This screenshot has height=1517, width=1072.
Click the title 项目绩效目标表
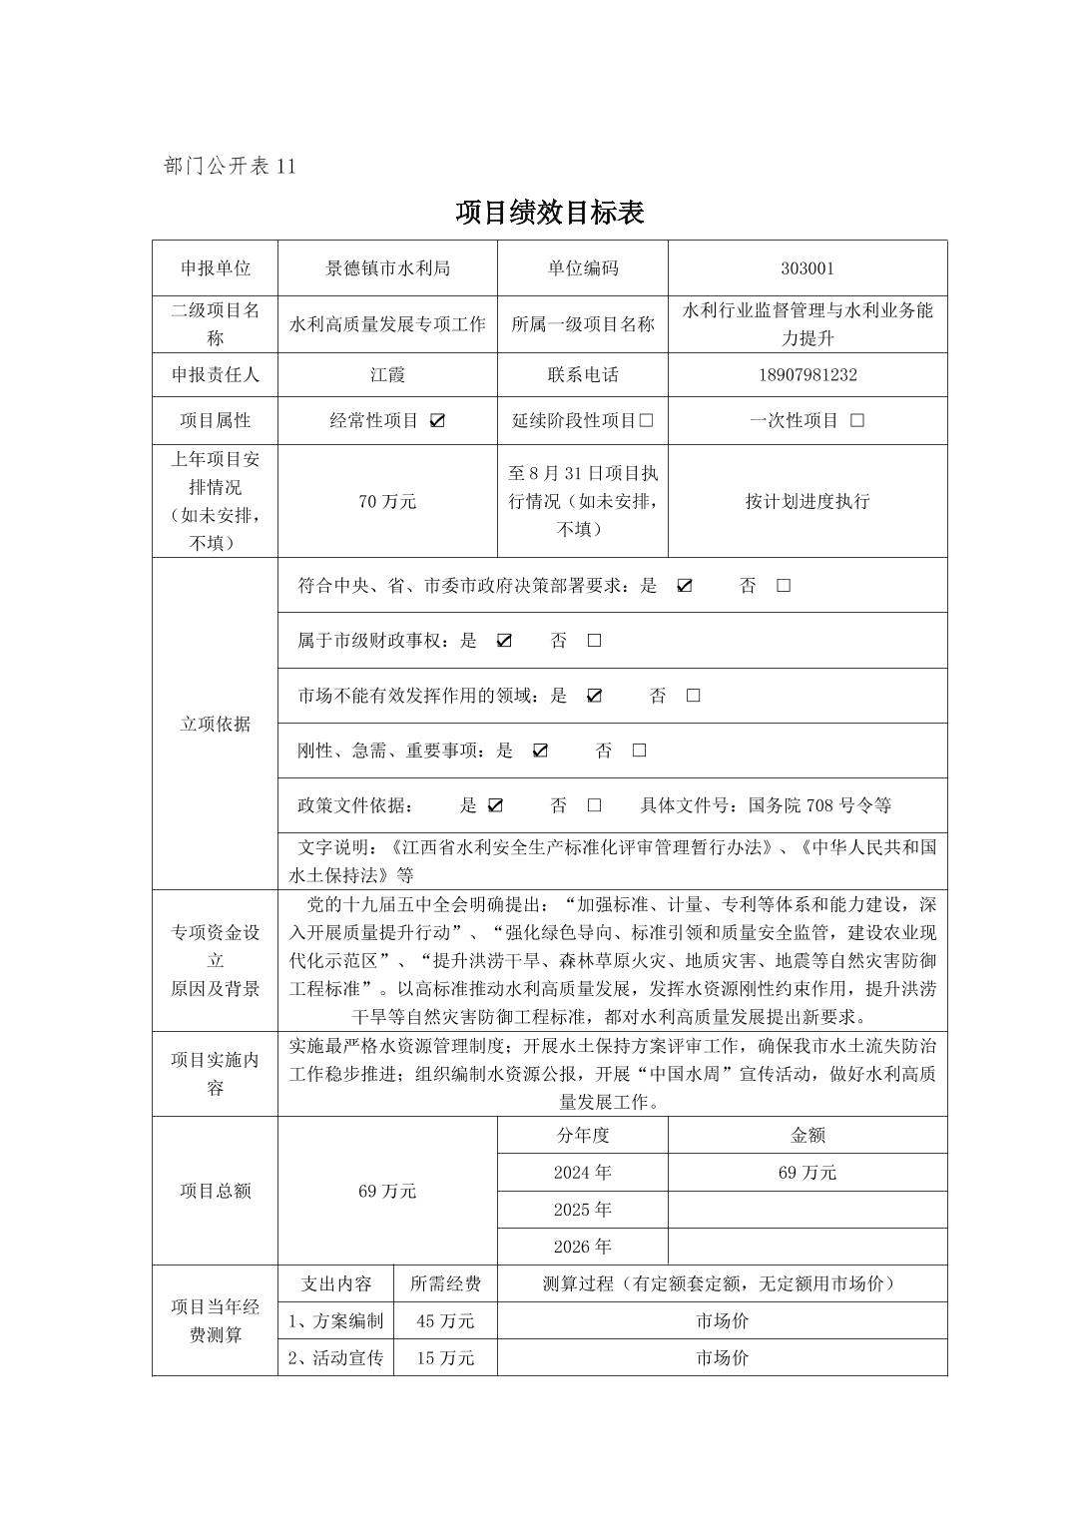point(549,213)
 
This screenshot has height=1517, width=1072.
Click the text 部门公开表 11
point(229,167)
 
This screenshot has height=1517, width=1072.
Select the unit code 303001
point(807,268)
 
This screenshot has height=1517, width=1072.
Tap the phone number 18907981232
point(807,375)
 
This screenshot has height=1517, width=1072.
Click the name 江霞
point(387,375)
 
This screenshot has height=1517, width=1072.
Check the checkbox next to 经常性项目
point(437,421)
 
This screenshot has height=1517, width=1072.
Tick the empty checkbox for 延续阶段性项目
point(646,421)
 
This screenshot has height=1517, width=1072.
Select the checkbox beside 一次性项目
point(856,421)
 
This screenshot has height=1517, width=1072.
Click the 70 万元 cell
point(387,501)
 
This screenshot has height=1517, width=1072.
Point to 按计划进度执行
point(807,501)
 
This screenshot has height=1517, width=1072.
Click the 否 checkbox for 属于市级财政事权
point(594,641)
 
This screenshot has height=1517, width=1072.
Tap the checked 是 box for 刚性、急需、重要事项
point(540,751)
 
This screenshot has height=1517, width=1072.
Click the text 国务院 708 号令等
point(819,805)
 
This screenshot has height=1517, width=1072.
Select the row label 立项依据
point(216,724)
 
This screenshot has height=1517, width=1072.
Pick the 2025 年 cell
point(582,1210)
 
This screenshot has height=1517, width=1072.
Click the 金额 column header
point(807,1135)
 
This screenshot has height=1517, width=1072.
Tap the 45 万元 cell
point(445,1320)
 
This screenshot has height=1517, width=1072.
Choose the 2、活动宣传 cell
point(335,1357)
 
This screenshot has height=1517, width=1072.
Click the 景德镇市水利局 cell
point(387,268)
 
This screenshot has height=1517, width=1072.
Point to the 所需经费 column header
point(445,1283)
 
